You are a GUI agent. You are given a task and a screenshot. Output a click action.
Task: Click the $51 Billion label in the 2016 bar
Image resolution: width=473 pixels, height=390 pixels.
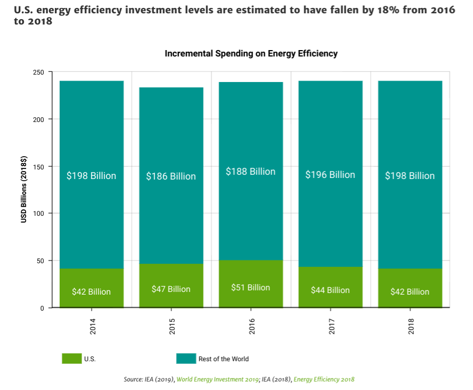[x=250, y=288]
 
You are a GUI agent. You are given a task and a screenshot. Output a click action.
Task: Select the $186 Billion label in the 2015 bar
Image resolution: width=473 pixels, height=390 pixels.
[x=171, y=176]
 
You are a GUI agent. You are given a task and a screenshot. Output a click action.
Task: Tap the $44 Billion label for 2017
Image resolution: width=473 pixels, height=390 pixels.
[x=330, y=290]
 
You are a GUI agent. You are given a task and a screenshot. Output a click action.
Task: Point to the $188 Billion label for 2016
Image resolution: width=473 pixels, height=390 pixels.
[x=250, y=172]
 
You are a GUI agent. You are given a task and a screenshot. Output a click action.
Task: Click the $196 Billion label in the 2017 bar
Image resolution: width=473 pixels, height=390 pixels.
[x=330, y=175]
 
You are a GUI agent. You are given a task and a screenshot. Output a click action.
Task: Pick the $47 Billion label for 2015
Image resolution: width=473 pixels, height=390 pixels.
[x=171, y=289]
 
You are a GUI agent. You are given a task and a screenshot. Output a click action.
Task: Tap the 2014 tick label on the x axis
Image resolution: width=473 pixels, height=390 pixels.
[x=93, y=327]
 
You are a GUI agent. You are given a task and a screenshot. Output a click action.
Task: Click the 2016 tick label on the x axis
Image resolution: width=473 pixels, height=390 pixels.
[x=251, y=327]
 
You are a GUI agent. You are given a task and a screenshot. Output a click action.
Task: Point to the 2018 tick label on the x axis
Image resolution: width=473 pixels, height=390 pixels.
[x=411, y=327]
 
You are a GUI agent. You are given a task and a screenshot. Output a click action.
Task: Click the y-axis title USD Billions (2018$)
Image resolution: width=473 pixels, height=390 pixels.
[x=24, y=190]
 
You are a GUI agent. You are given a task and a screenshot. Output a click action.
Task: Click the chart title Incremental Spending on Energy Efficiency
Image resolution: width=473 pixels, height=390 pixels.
[x=251, y=54]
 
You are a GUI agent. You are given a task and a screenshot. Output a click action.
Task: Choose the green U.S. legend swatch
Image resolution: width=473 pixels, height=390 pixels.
[x=71, y=359]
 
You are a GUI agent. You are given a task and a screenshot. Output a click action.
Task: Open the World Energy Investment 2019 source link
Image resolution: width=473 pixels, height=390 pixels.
[x=217, y=379]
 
